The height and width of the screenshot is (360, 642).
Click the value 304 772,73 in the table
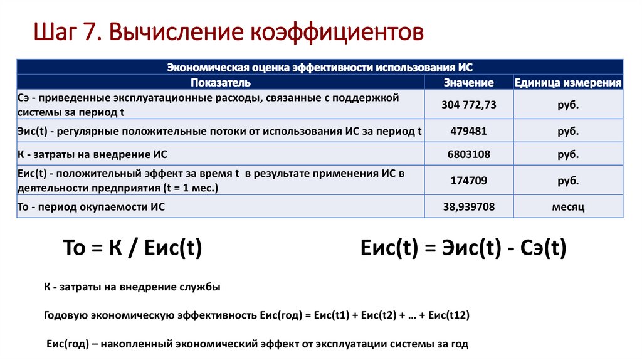[468, 105]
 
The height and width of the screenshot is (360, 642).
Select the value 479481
[468, 131]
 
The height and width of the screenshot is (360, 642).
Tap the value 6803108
[468, 154]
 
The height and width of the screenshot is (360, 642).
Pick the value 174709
[468, 181]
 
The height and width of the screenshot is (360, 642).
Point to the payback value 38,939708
[468, 206]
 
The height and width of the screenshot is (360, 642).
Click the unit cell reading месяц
[568, 206]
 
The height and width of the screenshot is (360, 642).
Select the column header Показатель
[221, 82]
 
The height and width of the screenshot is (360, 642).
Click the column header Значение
[468, 82]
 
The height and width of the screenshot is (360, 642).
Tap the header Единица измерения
[568, 82]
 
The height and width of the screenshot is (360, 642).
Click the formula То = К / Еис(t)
[133, 249]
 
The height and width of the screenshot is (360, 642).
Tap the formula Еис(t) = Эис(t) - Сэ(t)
[464, 249]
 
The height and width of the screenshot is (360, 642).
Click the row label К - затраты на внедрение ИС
[93, 154]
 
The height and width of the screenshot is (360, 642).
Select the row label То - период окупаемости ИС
[92, 206]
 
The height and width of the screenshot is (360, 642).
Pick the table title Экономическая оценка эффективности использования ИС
[320, 67]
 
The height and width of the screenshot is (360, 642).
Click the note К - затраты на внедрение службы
[132, 287]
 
